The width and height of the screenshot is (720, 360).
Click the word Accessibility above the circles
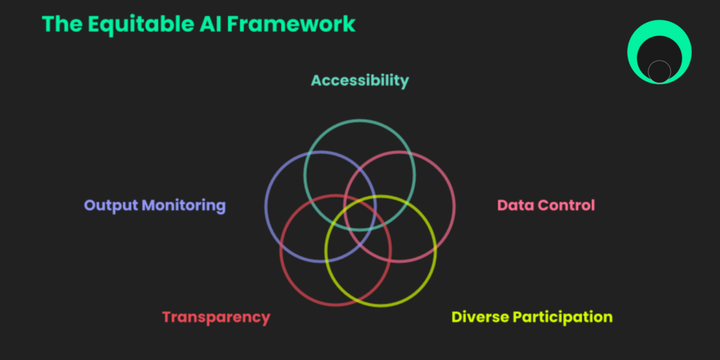click(x=359, y=81)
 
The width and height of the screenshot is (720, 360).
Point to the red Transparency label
click(x=217, y=318)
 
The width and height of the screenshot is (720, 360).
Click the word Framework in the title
click(x=290, y=24)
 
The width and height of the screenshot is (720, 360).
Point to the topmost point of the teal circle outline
click(x=359, y=120)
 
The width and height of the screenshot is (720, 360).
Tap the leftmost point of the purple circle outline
click(x=266, y=207)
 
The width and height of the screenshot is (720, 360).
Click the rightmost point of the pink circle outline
click(x=455, y=207)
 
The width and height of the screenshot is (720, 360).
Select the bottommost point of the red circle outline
click(x=335, y=305)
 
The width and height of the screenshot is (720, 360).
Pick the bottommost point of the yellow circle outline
click(x=380, y=306)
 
